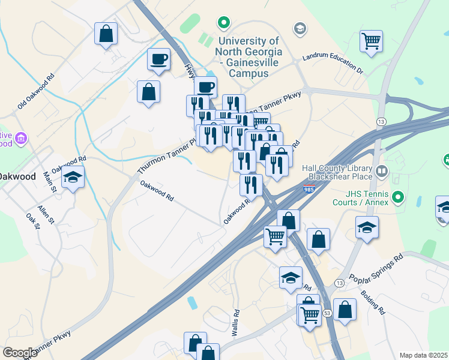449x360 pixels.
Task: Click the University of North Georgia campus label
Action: point(249,56)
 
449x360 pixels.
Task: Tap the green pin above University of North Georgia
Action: point(224,24)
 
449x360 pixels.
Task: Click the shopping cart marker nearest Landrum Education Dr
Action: point(372,41)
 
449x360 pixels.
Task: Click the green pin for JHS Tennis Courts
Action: point(397,197)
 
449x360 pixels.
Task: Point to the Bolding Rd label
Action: point(372,303)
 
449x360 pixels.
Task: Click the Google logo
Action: point(20,352)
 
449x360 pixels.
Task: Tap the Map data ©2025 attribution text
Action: point(423,355)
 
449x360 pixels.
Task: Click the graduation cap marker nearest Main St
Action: point(73,178)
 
